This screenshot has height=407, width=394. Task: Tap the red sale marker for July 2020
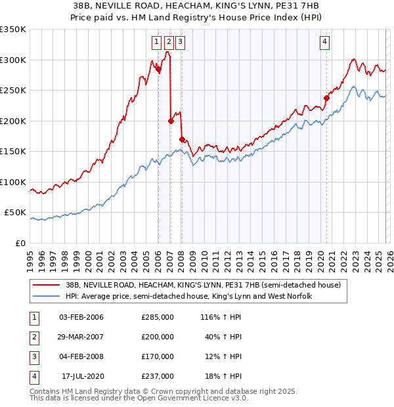pyautogui.click(x=326, y=98)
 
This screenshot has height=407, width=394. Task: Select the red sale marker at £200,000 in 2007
pyautogui.click(x=171, y=121)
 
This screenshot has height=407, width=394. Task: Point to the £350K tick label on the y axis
pyautogui.click(x=13, y=30)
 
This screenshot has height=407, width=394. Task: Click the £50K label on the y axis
pyautogui.click(x=15, y=213)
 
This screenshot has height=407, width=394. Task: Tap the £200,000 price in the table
pyautogui.click(x=158, y=337)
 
